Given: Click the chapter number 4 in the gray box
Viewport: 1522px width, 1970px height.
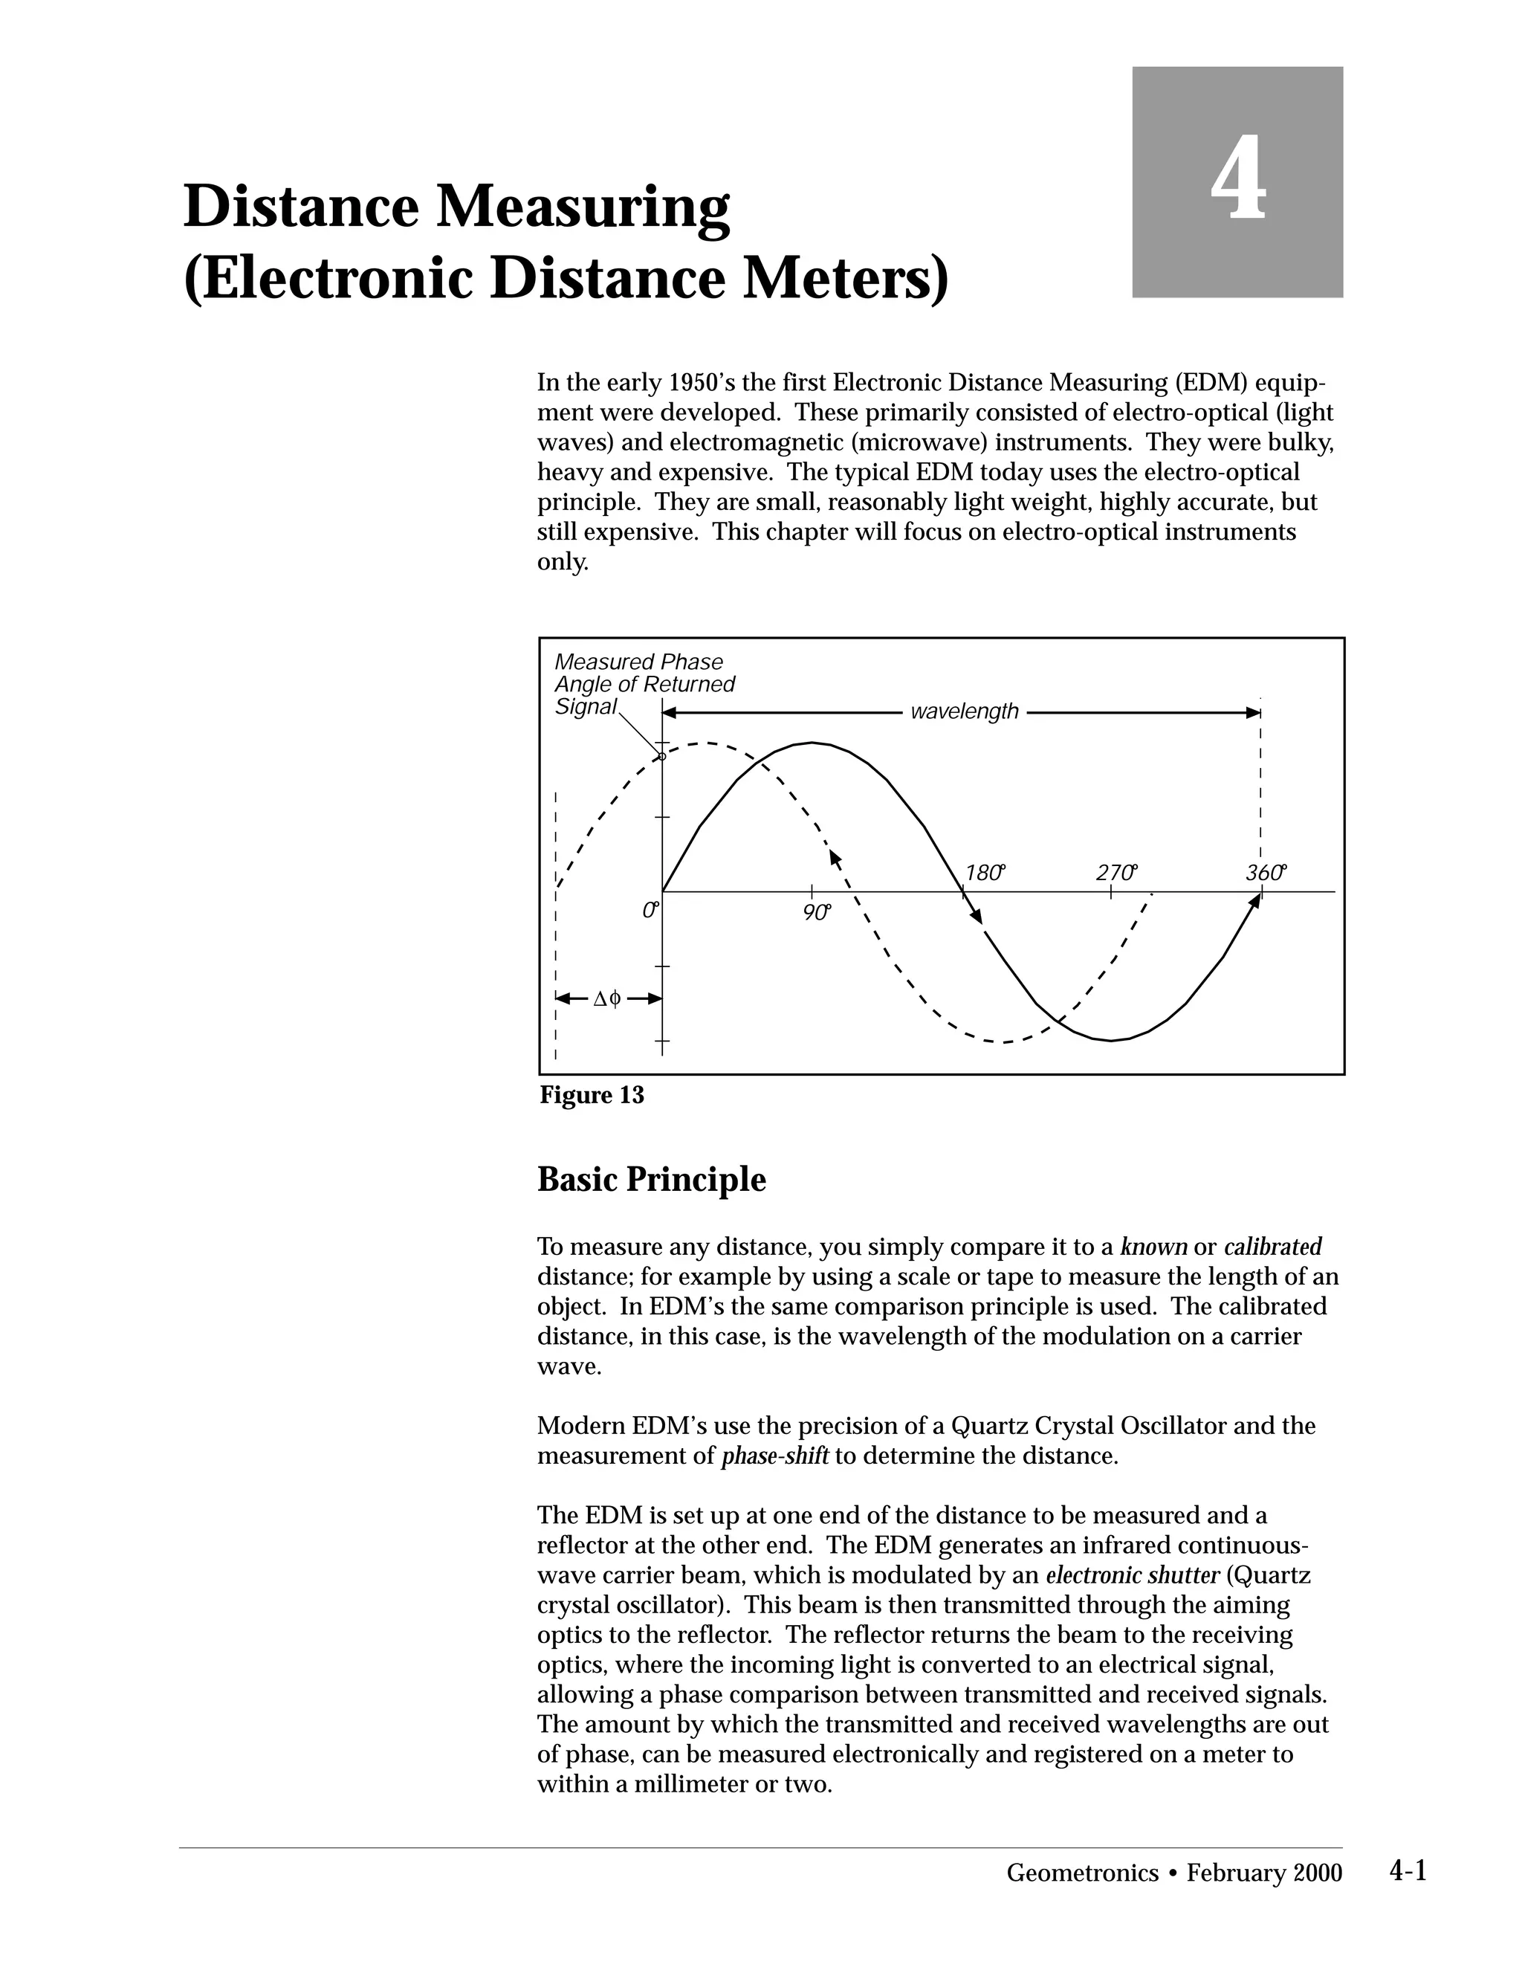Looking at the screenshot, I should (x=1237, y=178).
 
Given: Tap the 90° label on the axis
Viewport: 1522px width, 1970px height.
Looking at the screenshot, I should (x=815, y=912).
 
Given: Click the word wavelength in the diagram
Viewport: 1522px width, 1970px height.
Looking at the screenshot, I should (x=964, y=711).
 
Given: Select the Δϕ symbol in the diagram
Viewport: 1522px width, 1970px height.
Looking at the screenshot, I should (x=608, y=998).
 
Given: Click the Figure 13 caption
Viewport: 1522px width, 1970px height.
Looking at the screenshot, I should (x=592, y=1095).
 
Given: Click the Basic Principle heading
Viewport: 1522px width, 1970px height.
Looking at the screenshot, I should (x=651, y=1180).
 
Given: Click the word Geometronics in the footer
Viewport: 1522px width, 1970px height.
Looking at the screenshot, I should (x=1082, y=1873).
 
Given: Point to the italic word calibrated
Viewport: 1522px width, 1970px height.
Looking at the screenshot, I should (x=1272, y=1247).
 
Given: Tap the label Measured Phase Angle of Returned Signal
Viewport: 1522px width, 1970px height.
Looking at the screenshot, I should (x=644, y=685).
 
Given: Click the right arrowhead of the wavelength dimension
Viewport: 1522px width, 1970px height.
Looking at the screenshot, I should (x=1254, y=713).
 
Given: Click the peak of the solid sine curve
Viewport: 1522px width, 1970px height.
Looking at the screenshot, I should (x=812, y=743).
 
